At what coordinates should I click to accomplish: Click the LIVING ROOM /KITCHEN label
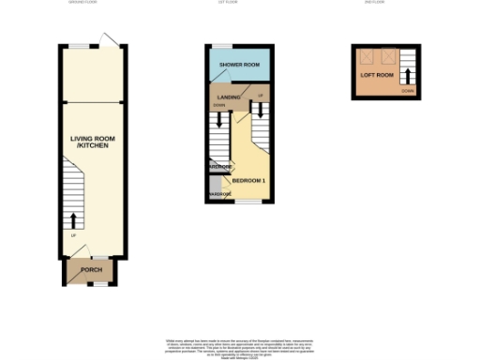90,142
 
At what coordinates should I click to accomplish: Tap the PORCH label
91,270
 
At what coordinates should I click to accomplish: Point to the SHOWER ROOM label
239,64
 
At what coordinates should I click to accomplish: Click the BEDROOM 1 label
248,179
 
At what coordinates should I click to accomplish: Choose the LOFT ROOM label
376,73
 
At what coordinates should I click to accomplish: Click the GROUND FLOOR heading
83,3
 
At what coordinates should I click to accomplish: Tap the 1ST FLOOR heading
238,3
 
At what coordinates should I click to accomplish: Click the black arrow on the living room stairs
74,222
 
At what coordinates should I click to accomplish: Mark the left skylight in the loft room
368,54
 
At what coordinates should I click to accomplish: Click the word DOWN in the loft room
407,91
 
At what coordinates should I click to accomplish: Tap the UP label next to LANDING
260,96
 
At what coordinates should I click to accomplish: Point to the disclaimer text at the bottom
239,347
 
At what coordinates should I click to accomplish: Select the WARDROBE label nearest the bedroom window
218,194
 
